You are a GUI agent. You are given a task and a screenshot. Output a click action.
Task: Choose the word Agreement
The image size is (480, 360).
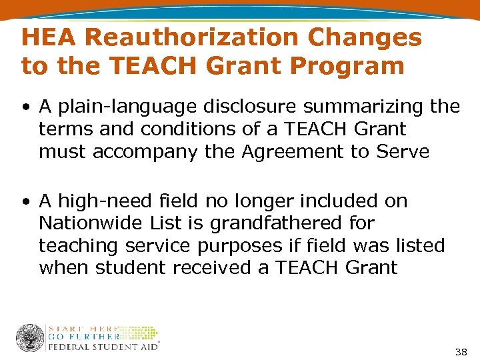tap(288, 152)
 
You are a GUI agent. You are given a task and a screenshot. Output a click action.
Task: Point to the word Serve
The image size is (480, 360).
tap(403, 152)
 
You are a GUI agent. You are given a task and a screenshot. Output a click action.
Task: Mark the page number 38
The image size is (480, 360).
tap(460, 351)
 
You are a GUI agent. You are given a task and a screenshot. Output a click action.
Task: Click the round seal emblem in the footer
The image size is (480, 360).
tap(30, 337)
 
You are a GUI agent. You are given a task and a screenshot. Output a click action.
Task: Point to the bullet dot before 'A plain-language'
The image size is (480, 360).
tap(25, 107)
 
